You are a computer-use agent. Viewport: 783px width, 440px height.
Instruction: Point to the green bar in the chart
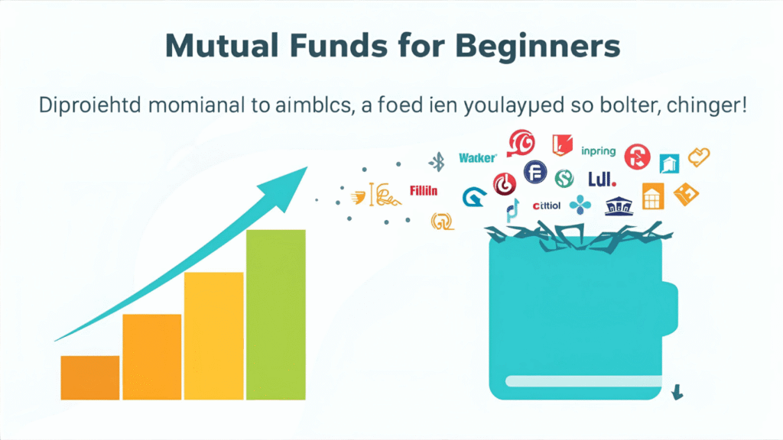(x=275, y=313)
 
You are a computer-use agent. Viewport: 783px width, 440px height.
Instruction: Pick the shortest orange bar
(x=90, y=377)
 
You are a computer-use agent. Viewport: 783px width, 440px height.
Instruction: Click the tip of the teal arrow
(x=304, y=170)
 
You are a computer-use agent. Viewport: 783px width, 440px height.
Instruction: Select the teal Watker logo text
(x=478, y=158)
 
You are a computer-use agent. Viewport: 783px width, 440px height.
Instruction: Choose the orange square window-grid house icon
(x=652, y=196)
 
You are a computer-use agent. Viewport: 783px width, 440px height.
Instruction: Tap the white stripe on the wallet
(x=581, y=380)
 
